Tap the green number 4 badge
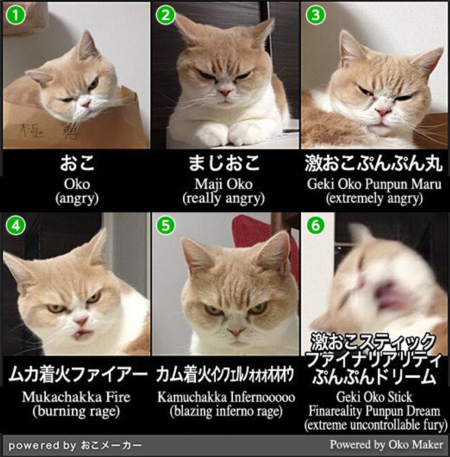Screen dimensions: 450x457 pos(16,225)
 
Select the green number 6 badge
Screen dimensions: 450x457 pos(316,225)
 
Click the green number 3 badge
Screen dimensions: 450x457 pos(316,15)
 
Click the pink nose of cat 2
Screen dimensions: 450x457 pos(225,92)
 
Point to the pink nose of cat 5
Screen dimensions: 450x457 pos(236,331)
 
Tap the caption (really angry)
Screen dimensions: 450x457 pos(224,198)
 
